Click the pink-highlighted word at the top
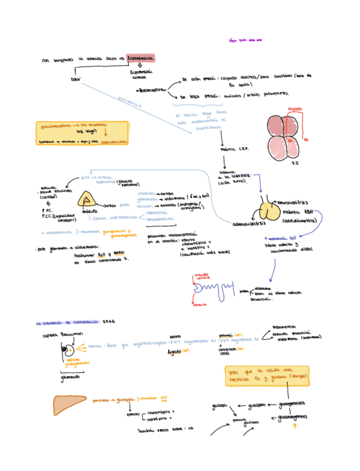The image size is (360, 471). [141, 58]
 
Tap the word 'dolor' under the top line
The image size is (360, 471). [76, 79]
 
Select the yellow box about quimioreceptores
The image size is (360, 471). [82, 134]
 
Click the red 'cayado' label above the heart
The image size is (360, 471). [295, 109]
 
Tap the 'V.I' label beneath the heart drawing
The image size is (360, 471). [296, 163]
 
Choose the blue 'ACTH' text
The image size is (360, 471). [84, 177]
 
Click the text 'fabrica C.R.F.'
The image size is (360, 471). [234, 149]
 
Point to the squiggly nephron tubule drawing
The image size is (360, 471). [211, 288]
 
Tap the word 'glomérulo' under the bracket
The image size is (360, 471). [71, 377]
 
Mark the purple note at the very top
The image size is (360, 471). [245, 40]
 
